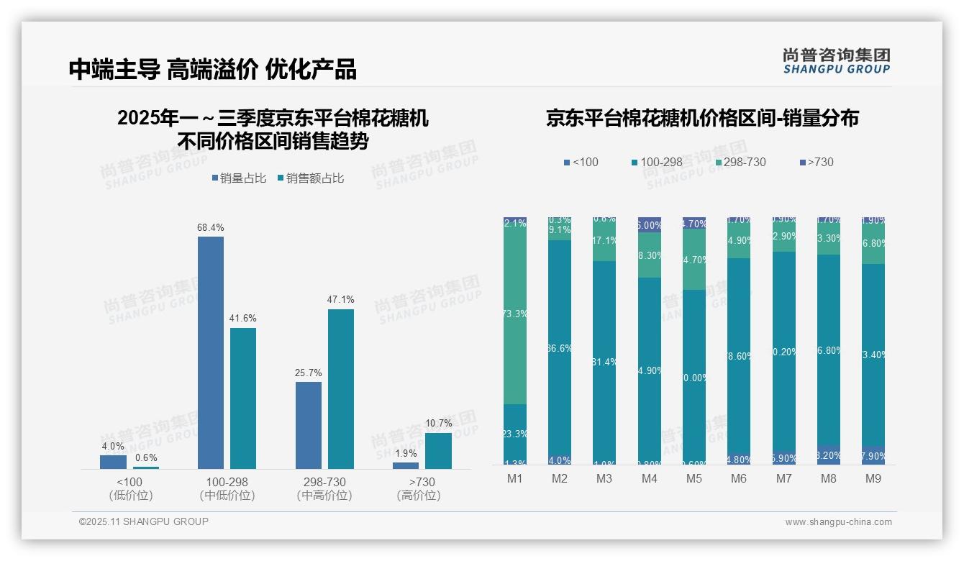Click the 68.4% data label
[x=210, y=227]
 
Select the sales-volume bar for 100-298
[x=210, y=352]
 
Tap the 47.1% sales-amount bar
[x=341, y=388]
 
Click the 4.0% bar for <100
[x=113, y=462]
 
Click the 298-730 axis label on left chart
[x=324, y=482]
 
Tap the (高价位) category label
[x=418, y=496]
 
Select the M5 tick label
[x=694, y=479]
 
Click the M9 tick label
[x=873, y=479]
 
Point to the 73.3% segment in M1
[x=515, y=314]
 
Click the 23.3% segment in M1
[x=515, y=434]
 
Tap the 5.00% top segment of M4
[x=650, y=224]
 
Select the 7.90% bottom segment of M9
[x=873, y=455]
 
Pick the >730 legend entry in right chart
[x=816, y=163]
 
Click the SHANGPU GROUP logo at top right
[x=837, y=61]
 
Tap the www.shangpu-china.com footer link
[x=838, y=522]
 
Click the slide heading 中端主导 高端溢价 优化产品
[x=213, y=69]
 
